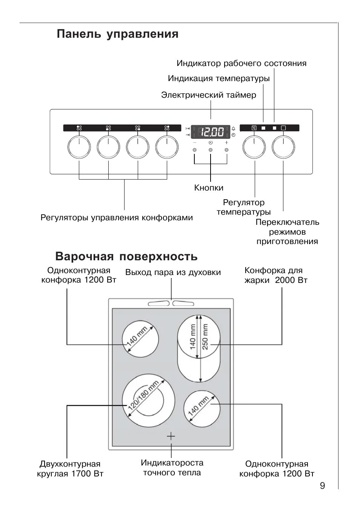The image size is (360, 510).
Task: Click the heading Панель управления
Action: click(117, 34)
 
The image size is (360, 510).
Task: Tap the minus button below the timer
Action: click(194, 150)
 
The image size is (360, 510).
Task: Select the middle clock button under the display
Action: click(211, 150)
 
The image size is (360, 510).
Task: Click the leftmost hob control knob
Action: click(79, 147)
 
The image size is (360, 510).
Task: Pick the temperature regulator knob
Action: click(254, 147)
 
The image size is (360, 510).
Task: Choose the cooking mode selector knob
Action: click(283, 147)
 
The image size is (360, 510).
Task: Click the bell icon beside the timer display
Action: click(233, 128)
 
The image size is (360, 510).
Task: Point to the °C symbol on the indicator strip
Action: click(254, 128)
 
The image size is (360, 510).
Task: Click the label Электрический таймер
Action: click(208, 95)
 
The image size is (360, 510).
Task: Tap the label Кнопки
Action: click(209, 187)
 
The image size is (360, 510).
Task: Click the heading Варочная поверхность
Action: click(126, 257)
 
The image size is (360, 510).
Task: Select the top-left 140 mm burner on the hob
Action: click(138, 339)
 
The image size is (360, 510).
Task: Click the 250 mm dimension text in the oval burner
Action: click(205, 336)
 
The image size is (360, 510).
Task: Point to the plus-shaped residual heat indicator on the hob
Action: click(171, 436)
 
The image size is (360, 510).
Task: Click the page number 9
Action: click(322, 485)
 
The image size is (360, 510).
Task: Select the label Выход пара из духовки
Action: click(173, 272)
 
